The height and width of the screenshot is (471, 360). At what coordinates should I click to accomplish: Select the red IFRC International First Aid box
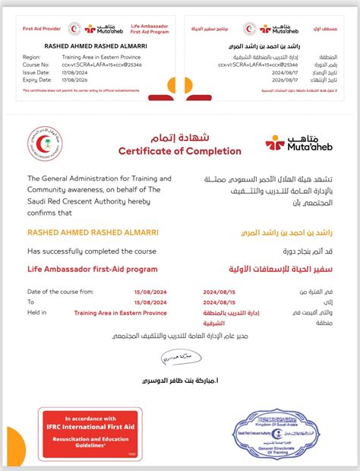(x=90, y=434)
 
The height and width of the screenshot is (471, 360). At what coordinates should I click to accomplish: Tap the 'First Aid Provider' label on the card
(x=43, y=28)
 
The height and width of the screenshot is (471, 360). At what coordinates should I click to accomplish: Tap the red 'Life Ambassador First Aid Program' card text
(x=141, y=28)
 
